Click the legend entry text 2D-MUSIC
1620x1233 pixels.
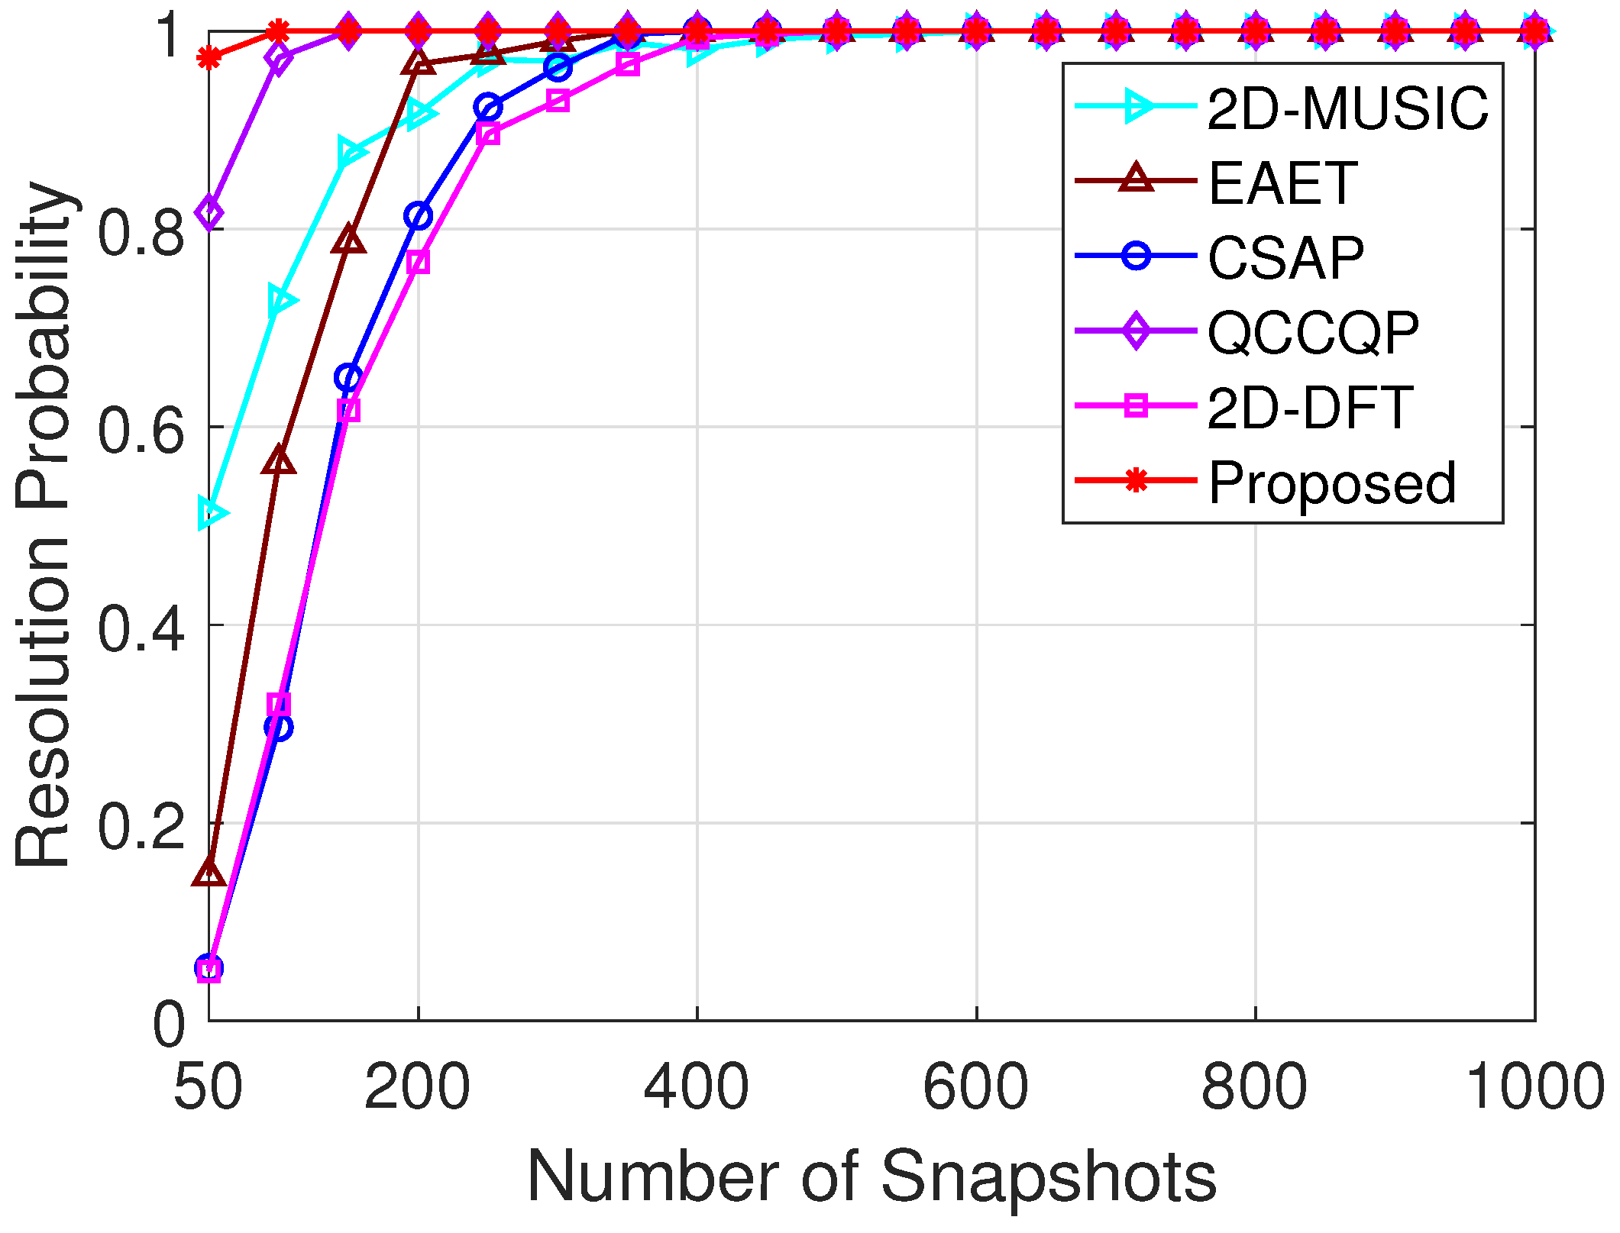[1347, 108]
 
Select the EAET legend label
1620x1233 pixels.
[1282, 183]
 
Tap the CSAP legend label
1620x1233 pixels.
[1285, 257]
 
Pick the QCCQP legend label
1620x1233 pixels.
[1313, 333]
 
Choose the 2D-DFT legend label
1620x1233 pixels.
[1310, 407]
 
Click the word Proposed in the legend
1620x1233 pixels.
[1332, 483]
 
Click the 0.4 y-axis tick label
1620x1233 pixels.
[141, 628]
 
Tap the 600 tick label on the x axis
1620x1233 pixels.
[975, 1086]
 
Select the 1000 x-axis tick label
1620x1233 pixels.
[1534, 1086]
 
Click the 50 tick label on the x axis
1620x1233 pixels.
[208, 1086]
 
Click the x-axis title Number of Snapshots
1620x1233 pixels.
[871, 1177]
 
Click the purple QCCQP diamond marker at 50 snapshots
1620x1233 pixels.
[209, 212]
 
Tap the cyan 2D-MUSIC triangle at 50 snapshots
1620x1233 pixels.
[210, 512]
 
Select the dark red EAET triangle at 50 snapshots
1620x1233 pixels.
[209, 871]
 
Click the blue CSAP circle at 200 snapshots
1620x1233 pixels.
[418, 216]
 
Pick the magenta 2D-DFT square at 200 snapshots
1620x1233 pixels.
[418, 263]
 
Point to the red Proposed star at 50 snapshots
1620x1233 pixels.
[209, 57]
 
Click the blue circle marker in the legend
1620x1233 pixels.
[1136, 256]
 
